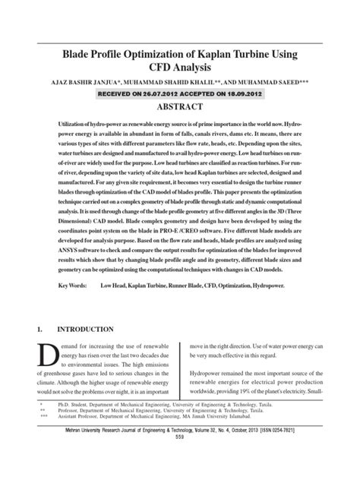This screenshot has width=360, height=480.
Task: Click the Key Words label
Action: click(x=73, y=264)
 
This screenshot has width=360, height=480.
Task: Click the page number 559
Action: click(x=180, y=459)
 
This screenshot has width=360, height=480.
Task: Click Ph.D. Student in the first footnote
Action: click(x=64, y=428)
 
